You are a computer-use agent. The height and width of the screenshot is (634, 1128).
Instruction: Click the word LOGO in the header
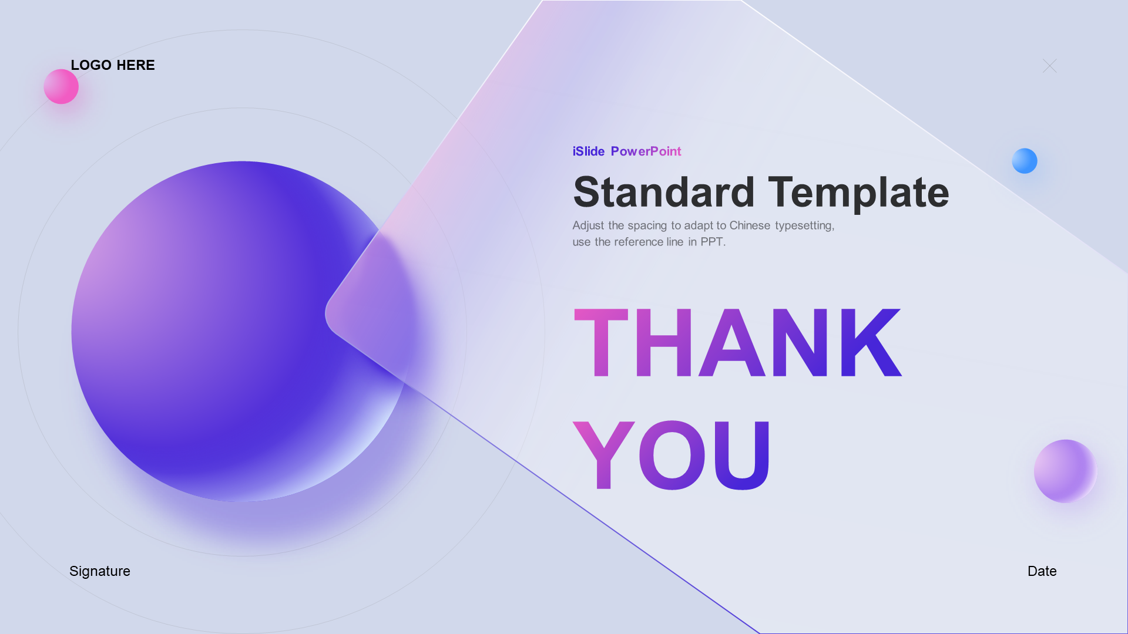click(x=91, y=65)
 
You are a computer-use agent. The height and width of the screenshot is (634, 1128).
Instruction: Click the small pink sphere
click(x=61, y=87)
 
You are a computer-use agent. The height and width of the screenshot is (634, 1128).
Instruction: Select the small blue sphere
click(x=1025, y=161)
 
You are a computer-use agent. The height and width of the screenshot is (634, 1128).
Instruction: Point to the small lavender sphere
click(x=1065, y=471)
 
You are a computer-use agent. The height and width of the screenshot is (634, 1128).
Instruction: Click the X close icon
click(x=1049, y=66)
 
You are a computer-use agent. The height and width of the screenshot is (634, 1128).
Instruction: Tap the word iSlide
click(x=589, y=151)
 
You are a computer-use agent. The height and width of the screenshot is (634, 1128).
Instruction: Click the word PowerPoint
click(x=646, y=151)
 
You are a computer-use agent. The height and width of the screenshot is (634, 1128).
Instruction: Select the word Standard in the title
click(x=664, y=192)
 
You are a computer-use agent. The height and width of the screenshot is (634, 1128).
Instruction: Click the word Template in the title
click(x=858, y=193)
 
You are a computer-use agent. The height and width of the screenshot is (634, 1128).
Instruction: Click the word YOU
click(x=672, y=455)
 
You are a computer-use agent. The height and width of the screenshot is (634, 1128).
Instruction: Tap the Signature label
click(x=100, y=572)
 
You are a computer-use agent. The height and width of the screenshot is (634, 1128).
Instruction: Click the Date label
click(x=1042, y=571)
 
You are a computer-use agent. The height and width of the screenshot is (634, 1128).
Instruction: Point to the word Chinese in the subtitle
click(x=750, y=225)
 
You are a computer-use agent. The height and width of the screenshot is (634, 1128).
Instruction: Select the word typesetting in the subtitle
click(x=805, y=226)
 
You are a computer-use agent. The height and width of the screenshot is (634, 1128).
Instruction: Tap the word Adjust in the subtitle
click(x=589, y=226)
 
